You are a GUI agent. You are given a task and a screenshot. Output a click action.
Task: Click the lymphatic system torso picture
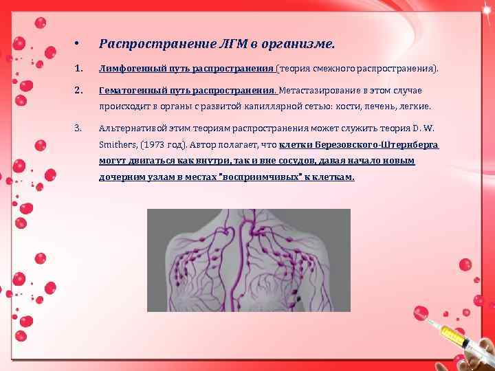(249, 260)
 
